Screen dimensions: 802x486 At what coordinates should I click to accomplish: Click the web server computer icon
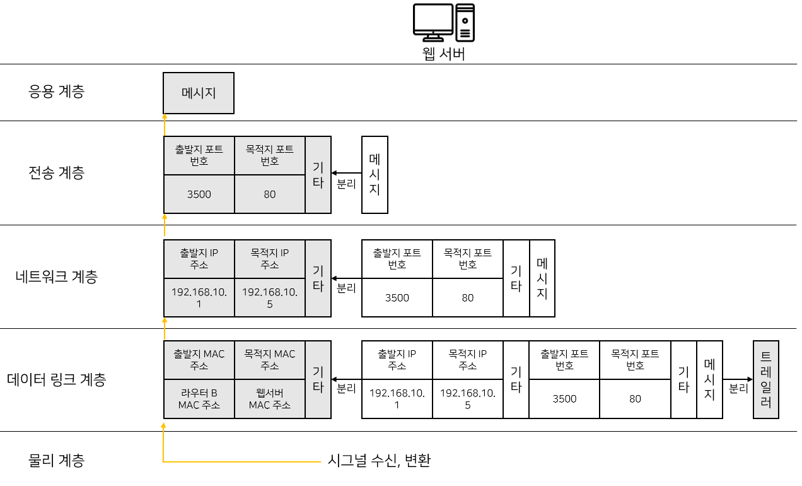pyautogui.click(x=444, y=23)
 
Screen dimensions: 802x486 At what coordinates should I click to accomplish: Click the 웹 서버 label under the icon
pyautogui.click(x=444, y=54)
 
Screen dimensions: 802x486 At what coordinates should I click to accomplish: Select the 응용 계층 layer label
pyautogui.click(x=57, y=92)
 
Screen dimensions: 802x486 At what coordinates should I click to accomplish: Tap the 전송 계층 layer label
pyautogui.click(x=57, y=173)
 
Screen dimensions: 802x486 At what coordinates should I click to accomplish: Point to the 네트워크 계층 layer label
pyautogui.click(x=57, y=276)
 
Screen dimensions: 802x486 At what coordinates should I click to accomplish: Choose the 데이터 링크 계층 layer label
pyautogui.click(x=57, y=379)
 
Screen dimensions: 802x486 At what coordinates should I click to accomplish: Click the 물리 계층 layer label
pyautogui.click(x=57, y=461)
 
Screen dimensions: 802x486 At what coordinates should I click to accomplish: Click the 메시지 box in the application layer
pyautogui.click(x=199, y=93)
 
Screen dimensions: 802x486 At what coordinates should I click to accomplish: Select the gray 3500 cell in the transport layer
pyautogui.click(x=199, y=194)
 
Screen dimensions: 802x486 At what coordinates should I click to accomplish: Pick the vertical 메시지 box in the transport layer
pyautogui.click(x=375, y=174)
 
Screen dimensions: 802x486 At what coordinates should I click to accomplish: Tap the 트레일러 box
pyautogui.click(x=766, y=379)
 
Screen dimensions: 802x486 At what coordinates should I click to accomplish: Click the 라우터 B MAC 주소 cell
pyautogui.click(x=199, y=398)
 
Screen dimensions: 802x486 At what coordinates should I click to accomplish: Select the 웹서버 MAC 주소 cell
pyautogui.click(x=270, y=398)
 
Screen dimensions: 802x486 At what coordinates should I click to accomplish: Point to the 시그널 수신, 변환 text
pyautogui.click(x=379, y=461)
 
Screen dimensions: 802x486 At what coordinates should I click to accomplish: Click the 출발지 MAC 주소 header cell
pyautogui.click(x=199, y=360)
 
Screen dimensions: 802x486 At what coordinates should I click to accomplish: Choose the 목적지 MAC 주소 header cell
pyautogui.click(x=270, y=360)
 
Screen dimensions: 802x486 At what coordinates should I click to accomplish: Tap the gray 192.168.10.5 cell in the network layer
pyautogui.click(x=270, y=297)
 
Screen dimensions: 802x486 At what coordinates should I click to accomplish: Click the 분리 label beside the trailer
pyautogui.click(x=738, y=389)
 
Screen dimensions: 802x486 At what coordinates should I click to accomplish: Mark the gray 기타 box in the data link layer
pyautogui.click(x=318, y=379)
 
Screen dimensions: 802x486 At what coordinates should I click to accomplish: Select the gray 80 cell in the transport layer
pyautogui.click(x=270, y=194)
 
